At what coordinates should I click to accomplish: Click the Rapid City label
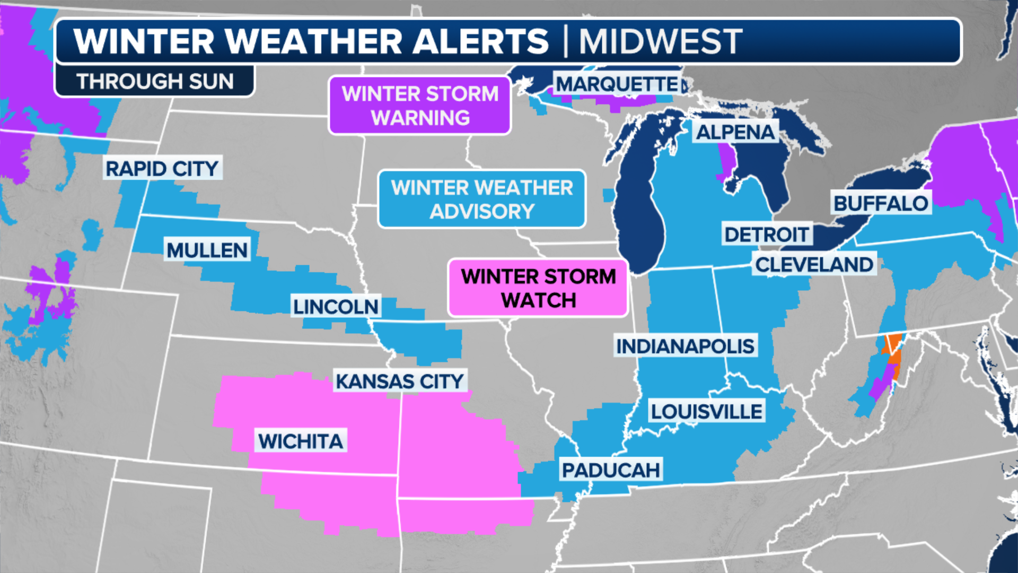click(162, 169)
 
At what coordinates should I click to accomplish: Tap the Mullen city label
click(207, 250)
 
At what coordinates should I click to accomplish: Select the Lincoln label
click(336, 307)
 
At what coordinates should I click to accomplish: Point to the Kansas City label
click(400, 381)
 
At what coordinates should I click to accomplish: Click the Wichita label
click(301, 441)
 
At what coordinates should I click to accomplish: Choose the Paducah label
click(611, 470)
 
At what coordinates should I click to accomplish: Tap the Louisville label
click(706, 411)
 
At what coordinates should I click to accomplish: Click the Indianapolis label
click(685, 346)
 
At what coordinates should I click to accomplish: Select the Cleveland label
click(814, 264)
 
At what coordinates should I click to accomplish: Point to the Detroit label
click(766, 234)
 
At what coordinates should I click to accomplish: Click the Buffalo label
click(881, 203)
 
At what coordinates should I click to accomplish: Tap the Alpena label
click(735, 132)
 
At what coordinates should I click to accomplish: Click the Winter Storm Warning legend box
click(420, 106)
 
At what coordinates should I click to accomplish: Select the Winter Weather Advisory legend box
click(481, 199)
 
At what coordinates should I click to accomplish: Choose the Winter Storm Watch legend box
click(538, 288)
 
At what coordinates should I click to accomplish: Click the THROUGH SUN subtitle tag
click(155, 81)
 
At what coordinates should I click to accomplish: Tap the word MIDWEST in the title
click(660, 41)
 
